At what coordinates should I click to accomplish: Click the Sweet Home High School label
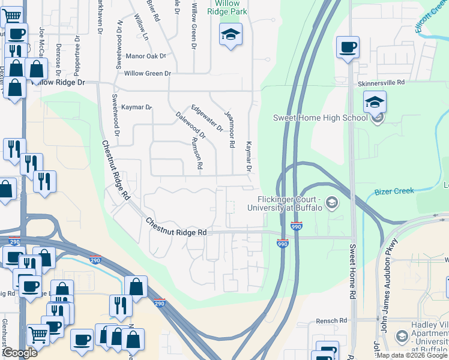tap(320, 118)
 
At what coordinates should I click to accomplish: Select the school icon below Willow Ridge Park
tap(230, 35)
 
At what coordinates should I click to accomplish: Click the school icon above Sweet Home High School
tap(375, 101)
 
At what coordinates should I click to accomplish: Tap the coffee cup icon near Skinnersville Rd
tap(348, 47)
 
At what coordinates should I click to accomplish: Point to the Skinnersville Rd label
tap(381, 82)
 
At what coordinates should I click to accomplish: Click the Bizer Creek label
tap(394, 191)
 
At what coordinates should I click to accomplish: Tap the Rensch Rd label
tap(332, 321)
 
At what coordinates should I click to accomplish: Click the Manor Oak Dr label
tap(146, 56)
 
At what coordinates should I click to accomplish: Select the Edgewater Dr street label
tap(207, 118)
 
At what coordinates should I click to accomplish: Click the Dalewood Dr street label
tap(191, 125)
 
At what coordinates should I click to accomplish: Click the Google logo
tap(19, 353)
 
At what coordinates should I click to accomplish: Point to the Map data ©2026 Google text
tap(412, 355)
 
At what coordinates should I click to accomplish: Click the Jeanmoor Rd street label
tap(228, 129)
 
